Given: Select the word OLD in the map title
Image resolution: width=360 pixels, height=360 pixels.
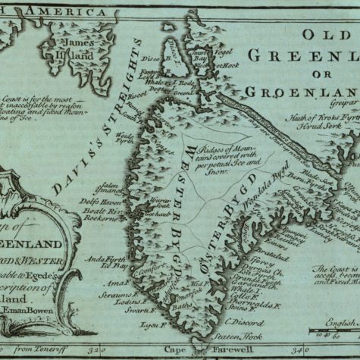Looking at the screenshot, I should (329, 35).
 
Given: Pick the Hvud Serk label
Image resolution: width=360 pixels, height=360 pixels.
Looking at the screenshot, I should (312, 130).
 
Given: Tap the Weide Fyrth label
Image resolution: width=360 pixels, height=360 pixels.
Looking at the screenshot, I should (122, 139).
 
